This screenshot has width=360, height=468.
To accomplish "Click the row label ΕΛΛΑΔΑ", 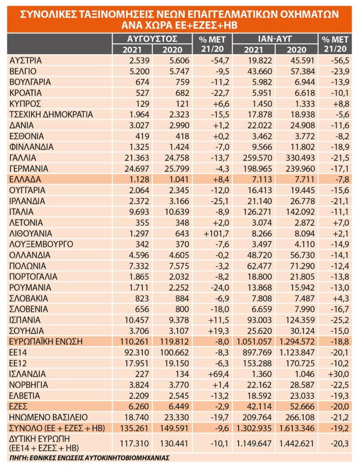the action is [x=25, y=179].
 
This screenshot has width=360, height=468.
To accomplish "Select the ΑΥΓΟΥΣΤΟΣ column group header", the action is [x=152, y=39].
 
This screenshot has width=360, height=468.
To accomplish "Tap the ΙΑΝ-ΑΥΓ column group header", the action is [x=275, y=39].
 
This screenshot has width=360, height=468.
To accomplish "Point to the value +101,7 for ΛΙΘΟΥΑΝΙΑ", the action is [x=216, y=234].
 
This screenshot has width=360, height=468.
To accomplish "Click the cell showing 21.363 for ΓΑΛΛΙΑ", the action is [x=137, y=158].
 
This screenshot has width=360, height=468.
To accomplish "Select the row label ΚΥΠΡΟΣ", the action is [x=25, y=104].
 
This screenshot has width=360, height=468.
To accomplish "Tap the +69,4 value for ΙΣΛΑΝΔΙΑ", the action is [x=218, y=374].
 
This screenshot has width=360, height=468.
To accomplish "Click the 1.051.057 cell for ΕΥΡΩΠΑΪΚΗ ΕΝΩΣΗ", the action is [x=254, y=341].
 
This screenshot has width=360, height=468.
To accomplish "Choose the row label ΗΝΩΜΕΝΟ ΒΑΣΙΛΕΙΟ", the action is [x=48, y=417].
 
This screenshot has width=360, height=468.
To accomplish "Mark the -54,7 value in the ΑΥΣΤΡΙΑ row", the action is [x=219, y=61].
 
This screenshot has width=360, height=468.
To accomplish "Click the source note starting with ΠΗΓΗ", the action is [x=90, y=457].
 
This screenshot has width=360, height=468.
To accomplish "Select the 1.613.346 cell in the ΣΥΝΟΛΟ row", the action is [x=297, y=428].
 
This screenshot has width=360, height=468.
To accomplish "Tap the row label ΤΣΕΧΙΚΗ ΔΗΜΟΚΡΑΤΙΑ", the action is [x=51, y=115].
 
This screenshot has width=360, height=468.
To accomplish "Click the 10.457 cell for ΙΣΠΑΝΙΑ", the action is [x=137, y=320].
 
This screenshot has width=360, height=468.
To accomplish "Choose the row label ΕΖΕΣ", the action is [x=18, y=406].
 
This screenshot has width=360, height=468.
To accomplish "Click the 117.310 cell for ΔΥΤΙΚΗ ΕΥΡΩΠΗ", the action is [x=134, y=443].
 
